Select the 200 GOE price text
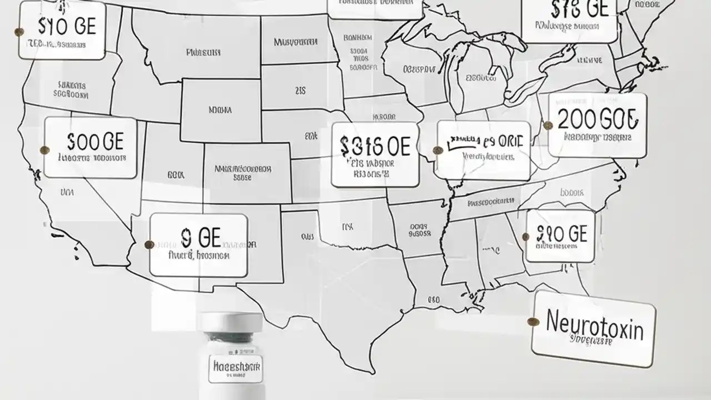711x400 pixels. coord(598,119)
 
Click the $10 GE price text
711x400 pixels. coord(560,233)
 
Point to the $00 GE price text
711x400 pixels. coord(95,142)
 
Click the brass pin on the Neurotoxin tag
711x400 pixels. coord(533,321)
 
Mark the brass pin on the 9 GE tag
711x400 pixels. coord(149,244)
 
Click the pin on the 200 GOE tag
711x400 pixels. coord(548,126)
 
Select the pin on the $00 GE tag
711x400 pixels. coord(45,149)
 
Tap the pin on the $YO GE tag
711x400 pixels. coord(19,32)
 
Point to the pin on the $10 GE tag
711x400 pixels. coord(526,237)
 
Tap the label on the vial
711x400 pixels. coord(236,367)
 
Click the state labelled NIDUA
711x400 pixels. coord(221,110)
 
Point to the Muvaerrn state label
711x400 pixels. coord(296,42)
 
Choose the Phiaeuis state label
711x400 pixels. coord(203,53)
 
